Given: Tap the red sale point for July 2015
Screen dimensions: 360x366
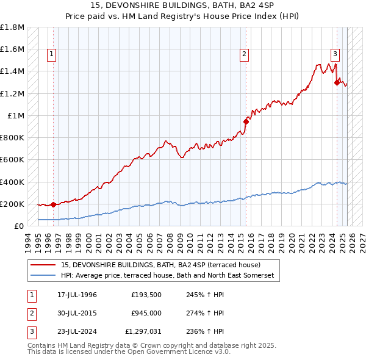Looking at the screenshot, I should point(246,121).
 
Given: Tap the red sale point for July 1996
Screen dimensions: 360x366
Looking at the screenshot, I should point(53,204).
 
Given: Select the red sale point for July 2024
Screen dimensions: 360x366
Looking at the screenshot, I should point(337,83).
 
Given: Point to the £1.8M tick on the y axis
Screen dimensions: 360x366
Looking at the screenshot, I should point(13,27).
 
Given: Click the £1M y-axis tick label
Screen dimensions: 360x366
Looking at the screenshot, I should point(16,116).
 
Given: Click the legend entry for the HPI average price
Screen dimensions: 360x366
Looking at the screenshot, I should point(168,276).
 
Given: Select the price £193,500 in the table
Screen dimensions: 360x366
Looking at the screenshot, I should point(146,295).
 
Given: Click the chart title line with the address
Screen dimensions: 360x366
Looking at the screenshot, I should point(182,6).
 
